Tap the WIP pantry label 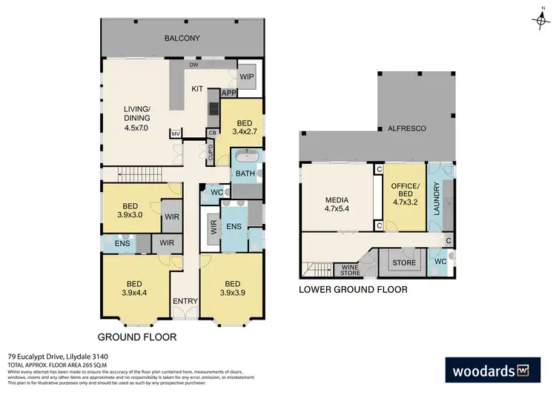coord(247,76)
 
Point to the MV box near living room coord(176,134)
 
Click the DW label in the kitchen coord(193,65)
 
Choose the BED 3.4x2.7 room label coord(245,128)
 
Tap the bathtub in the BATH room coord(245,157)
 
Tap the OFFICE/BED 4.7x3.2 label coord(405,194)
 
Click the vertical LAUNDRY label coord(437,198)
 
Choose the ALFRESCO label coord(406,128)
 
